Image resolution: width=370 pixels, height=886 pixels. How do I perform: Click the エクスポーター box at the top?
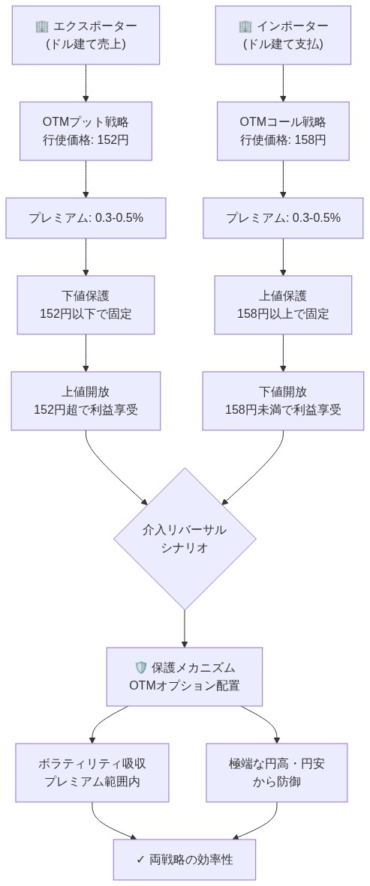(x=86, y=34)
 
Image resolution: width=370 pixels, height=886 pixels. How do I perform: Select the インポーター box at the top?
(x=283, y=34)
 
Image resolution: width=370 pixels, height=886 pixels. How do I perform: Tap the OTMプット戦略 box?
(x=86, y=130)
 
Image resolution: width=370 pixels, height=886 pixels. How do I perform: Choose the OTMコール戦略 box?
(x=283, y=130)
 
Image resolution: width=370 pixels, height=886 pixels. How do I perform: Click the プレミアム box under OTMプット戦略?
(x=86, y=218)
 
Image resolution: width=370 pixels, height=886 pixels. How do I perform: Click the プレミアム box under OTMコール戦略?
(x=283, y=218)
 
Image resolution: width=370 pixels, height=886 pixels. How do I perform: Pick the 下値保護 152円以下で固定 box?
(x=86, y=304)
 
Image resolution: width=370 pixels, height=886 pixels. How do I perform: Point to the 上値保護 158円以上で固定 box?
(x=283, y=304)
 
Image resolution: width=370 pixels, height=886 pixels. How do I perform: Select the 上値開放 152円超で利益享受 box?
(x=86, y=400)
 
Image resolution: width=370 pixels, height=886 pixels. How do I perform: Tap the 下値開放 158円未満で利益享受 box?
(x=283, y=400)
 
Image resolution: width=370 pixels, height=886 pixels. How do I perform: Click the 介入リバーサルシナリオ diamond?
(x=185, y=538)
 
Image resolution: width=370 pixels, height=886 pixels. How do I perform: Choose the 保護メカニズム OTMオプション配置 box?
(x=185, y=676)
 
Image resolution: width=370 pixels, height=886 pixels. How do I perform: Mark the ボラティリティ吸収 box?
(x=92, y=772)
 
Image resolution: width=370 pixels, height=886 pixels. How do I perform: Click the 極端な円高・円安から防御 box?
(x=277, y=772)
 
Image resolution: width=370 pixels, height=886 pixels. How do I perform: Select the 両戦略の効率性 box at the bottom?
(x=185, y=859)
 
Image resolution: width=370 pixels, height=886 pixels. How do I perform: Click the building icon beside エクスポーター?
(x=42, y=26)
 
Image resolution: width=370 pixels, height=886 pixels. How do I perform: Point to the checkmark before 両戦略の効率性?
(x=140, y=859)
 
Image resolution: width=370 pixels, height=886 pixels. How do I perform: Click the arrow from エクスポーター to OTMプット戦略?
(x=86, y=82)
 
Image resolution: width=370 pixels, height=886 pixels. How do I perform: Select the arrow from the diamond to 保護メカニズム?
(x=185, y=628)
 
